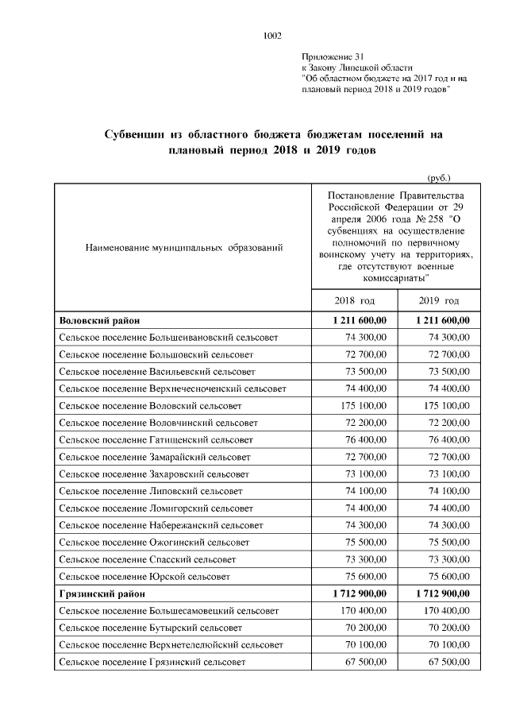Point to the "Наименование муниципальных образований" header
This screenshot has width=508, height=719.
(183, 249)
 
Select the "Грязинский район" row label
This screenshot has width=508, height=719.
(102, 593)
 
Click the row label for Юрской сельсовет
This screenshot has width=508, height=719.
(144, 575)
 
